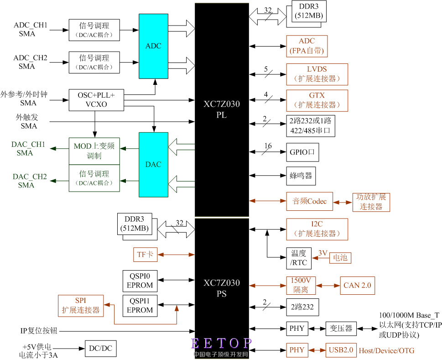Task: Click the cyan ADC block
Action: pyautogui.click(x=153, y=46)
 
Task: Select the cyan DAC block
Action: pyautogui.click(x=153, y=164)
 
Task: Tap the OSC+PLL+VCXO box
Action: pyautogui.click(x=96, y=100)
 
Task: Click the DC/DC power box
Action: pyautogui.click(x=100, y=349)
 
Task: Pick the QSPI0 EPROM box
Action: pyautogui.click(x=140, y=281)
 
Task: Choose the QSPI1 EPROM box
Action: pyautogui.click(x=140, y=306)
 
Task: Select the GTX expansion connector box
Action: pyautogui.click(x=317, y=100)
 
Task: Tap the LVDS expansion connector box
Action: pyautogui.click(x=317, y=74)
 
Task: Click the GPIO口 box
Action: pyautogui.click(x=302, y=152)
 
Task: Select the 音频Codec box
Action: pyautogui.click(x=309, y=201)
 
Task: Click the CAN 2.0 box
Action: pyautogui.click(x=357, y=285)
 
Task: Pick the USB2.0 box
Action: pyautogui.click(x=341, y=350)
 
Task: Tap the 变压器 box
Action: pyautogui.click(x=340, y=328)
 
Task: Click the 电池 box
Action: pyautogui.click(x=340, y=258)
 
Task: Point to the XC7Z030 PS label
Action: pyautogui.click(x=222, y=288)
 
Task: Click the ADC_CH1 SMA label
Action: pyautogui.click(x=31, y=29)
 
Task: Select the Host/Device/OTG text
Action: pyautogui.click(x=387, y=350)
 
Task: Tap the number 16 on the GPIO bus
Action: pyautogui.click(x=268, y=146)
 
